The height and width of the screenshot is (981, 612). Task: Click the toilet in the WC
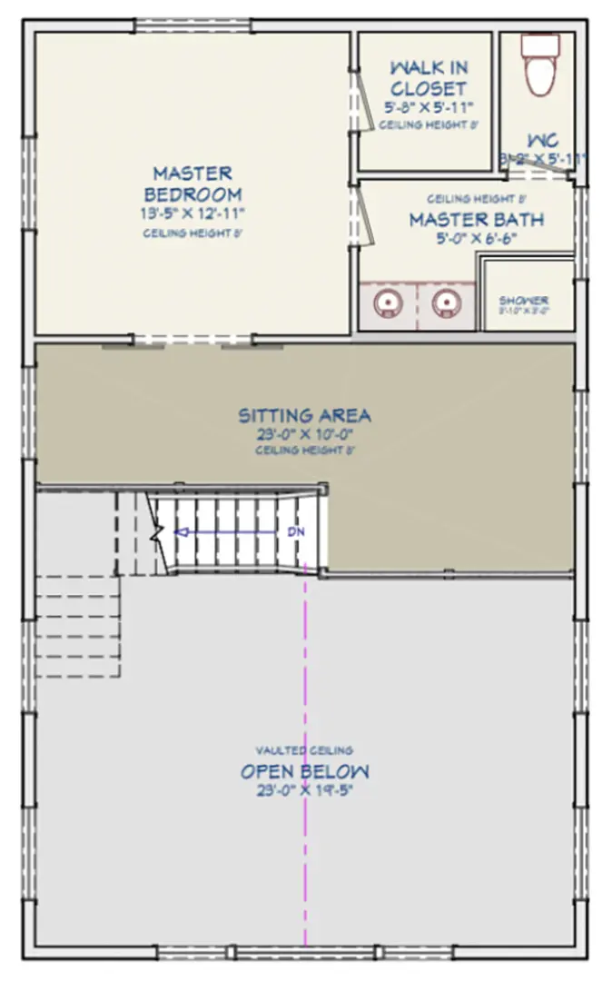539,65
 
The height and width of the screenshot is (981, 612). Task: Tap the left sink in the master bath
389,302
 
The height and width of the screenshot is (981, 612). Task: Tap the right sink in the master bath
444,302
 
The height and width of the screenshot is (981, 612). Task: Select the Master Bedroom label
192,183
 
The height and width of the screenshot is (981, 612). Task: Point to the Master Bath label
476,220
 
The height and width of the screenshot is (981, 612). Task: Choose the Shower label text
523,301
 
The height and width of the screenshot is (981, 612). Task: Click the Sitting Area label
304,416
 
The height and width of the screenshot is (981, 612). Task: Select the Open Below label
305,772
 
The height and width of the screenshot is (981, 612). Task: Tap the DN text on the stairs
295,531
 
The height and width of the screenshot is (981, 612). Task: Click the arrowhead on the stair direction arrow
180,532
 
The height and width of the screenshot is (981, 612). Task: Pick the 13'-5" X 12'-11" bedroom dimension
193,213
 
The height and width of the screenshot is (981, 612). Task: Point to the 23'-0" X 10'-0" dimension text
304,434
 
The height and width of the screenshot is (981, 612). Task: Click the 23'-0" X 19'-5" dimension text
305,790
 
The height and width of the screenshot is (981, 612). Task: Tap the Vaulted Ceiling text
304,750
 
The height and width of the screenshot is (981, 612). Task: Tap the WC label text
543,141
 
